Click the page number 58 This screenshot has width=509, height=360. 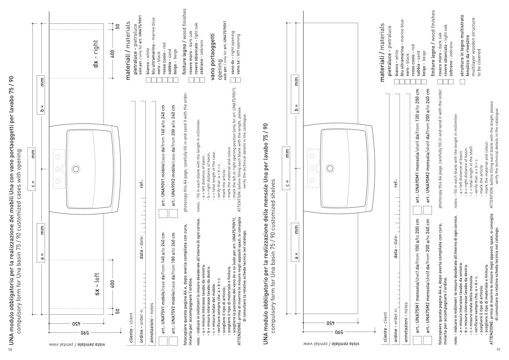click(x=10, y=350)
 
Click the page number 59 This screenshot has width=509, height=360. click(x=498, y=350)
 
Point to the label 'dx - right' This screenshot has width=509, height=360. click(x=96, y=54)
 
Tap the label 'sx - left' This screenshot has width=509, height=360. click(x=97, y=284)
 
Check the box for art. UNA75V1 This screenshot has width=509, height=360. click(x=163, y=341)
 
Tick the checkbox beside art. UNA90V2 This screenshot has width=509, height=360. click(x=174, y=213)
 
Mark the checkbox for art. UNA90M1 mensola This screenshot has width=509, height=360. click(x=417, y=210)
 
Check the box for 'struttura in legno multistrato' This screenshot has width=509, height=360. click(x=463, y=82)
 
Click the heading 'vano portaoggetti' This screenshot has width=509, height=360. click(x=213, y=57)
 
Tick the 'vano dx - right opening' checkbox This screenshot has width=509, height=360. click(x=233, y=80)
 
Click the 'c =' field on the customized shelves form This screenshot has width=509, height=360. click(x=286, y=168)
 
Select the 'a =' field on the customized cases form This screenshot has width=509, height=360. click(x=41, y=243)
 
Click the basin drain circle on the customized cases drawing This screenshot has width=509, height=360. click(x=76, y=169)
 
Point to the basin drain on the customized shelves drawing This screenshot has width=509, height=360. click(x=330, y=168)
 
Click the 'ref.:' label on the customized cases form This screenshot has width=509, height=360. click(x=142, y=184)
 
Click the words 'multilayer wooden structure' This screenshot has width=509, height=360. click(x=473, y=47)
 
